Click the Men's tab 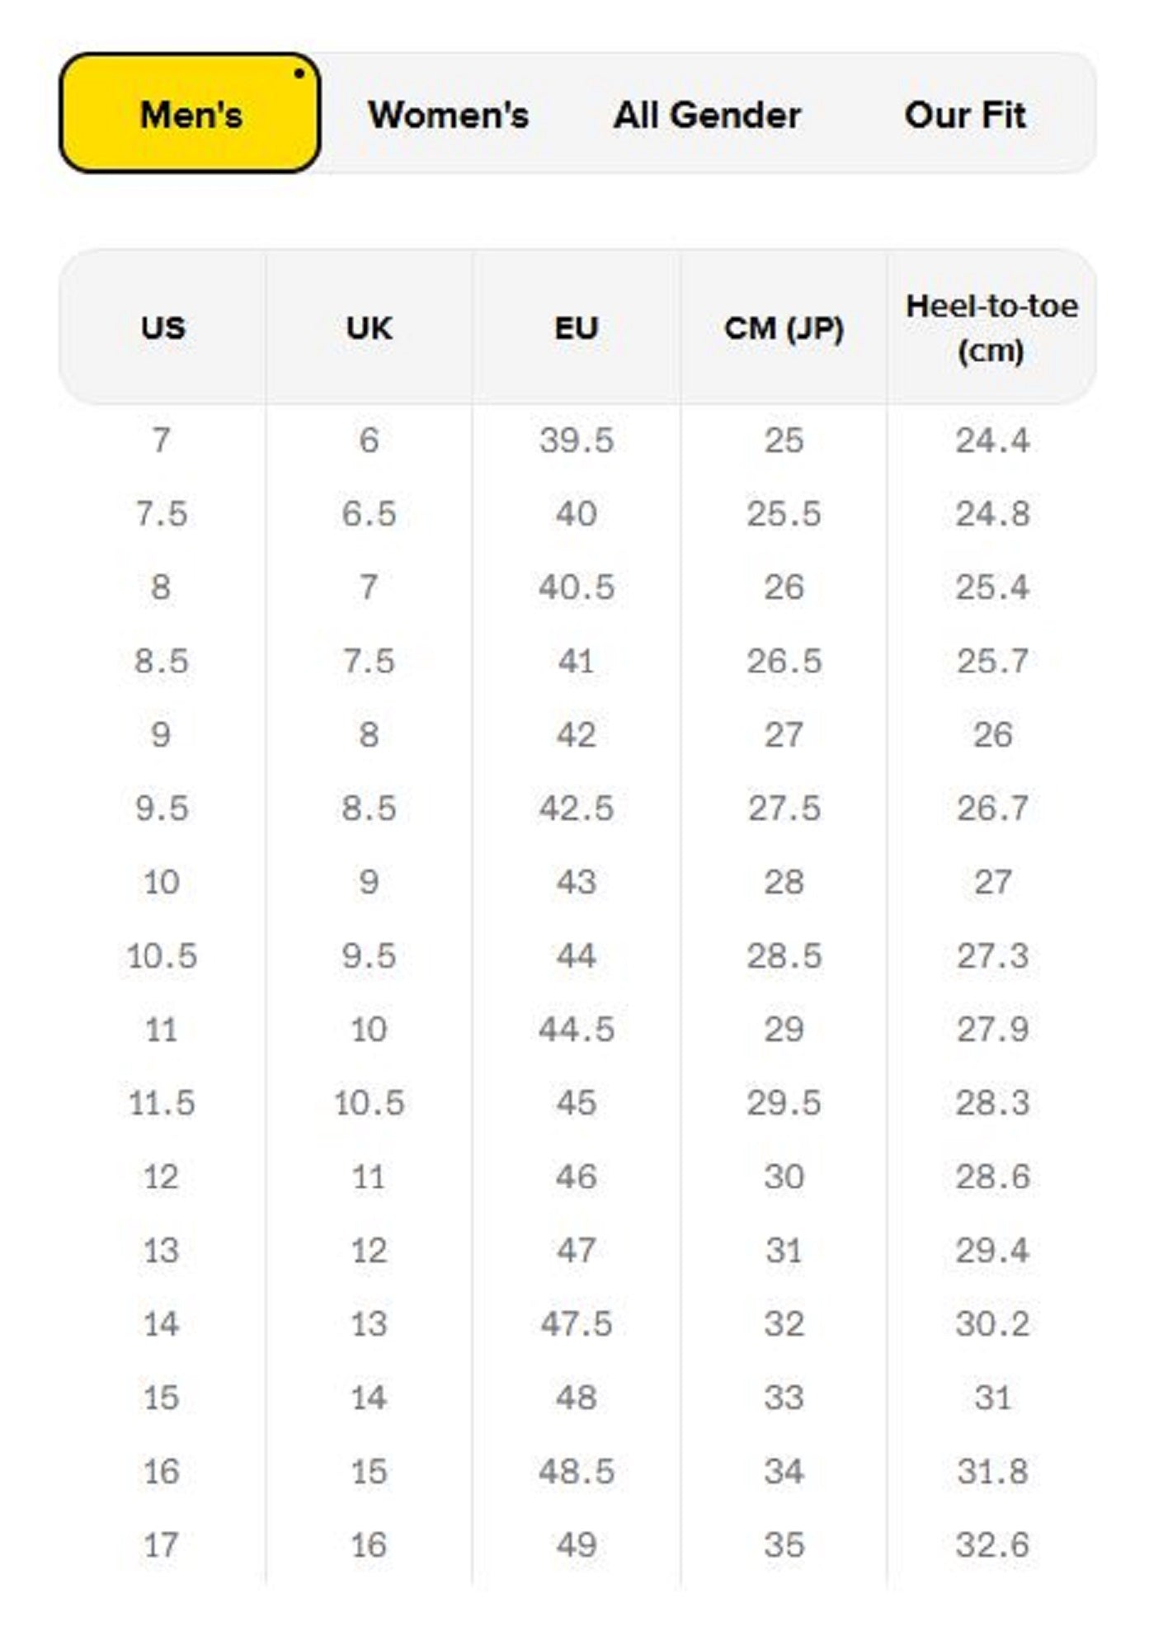click(x=191, y=114)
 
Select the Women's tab click(x=448, y=114)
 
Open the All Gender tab click(x=707, y=114)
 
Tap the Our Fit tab click(x=965, y=114)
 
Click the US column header click(x=162, y=328)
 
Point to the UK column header click(x=369, y=328)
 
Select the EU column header click(x=576, y=328)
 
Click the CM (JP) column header click(x=784, y=328)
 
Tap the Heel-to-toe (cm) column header click(x=991, y=328)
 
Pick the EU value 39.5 click(x=576, y=440)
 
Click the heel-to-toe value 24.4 click(x=991, y=440)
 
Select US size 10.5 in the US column click(x=162, y=955)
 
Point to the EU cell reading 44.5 click(x=576, y=1029)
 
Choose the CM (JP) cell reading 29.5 click(x=784, y=1102)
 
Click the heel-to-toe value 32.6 click(x=991, y=1544)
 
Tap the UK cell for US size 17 click(x=369, y=1544)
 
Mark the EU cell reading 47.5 click(x=576, y=1323)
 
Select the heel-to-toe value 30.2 click(x=991, y=1323)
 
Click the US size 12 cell click(x=162, y=1176)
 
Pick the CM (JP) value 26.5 click(x=784, y=661)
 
